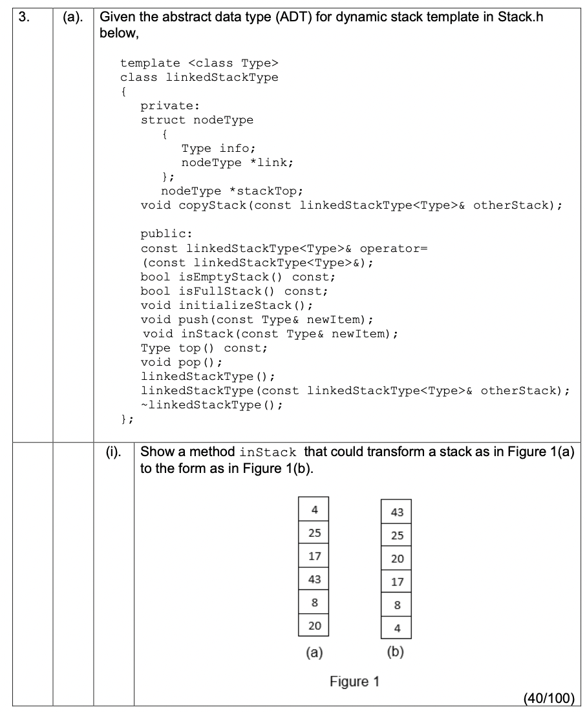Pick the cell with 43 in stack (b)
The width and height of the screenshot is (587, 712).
click(397, 512)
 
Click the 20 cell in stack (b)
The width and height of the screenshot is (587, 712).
click(397, 559)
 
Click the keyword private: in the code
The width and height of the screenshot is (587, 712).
click(167, 107)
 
